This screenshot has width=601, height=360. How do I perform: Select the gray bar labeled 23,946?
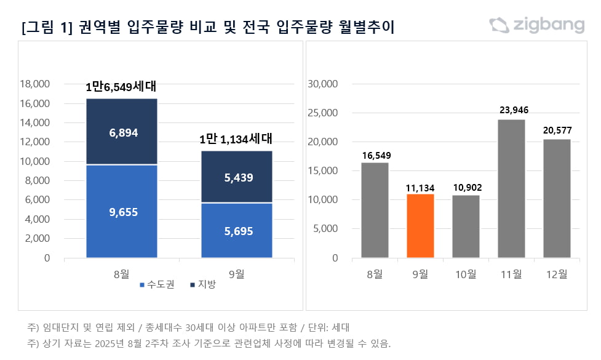point(511,188)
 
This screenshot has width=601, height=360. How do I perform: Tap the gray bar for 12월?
point(557,198)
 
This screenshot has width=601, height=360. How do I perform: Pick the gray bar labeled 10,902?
point(466,226)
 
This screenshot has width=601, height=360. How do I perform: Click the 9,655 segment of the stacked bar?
point(122,211)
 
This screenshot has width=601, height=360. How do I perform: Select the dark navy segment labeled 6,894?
point(122,132)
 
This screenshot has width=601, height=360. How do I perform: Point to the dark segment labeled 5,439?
point(237,177)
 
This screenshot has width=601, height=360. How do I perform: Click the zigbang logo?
point(536,25)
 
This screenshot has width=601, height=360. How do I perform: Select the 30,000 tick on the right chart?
point(322,84)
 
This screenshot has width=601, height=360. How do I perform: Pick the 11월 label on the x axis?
point(511,274)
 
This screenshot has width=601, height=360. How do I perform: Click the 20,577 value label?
point(557,130)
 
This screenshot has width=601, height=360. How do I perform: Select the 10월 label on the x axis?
point(466,274)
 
